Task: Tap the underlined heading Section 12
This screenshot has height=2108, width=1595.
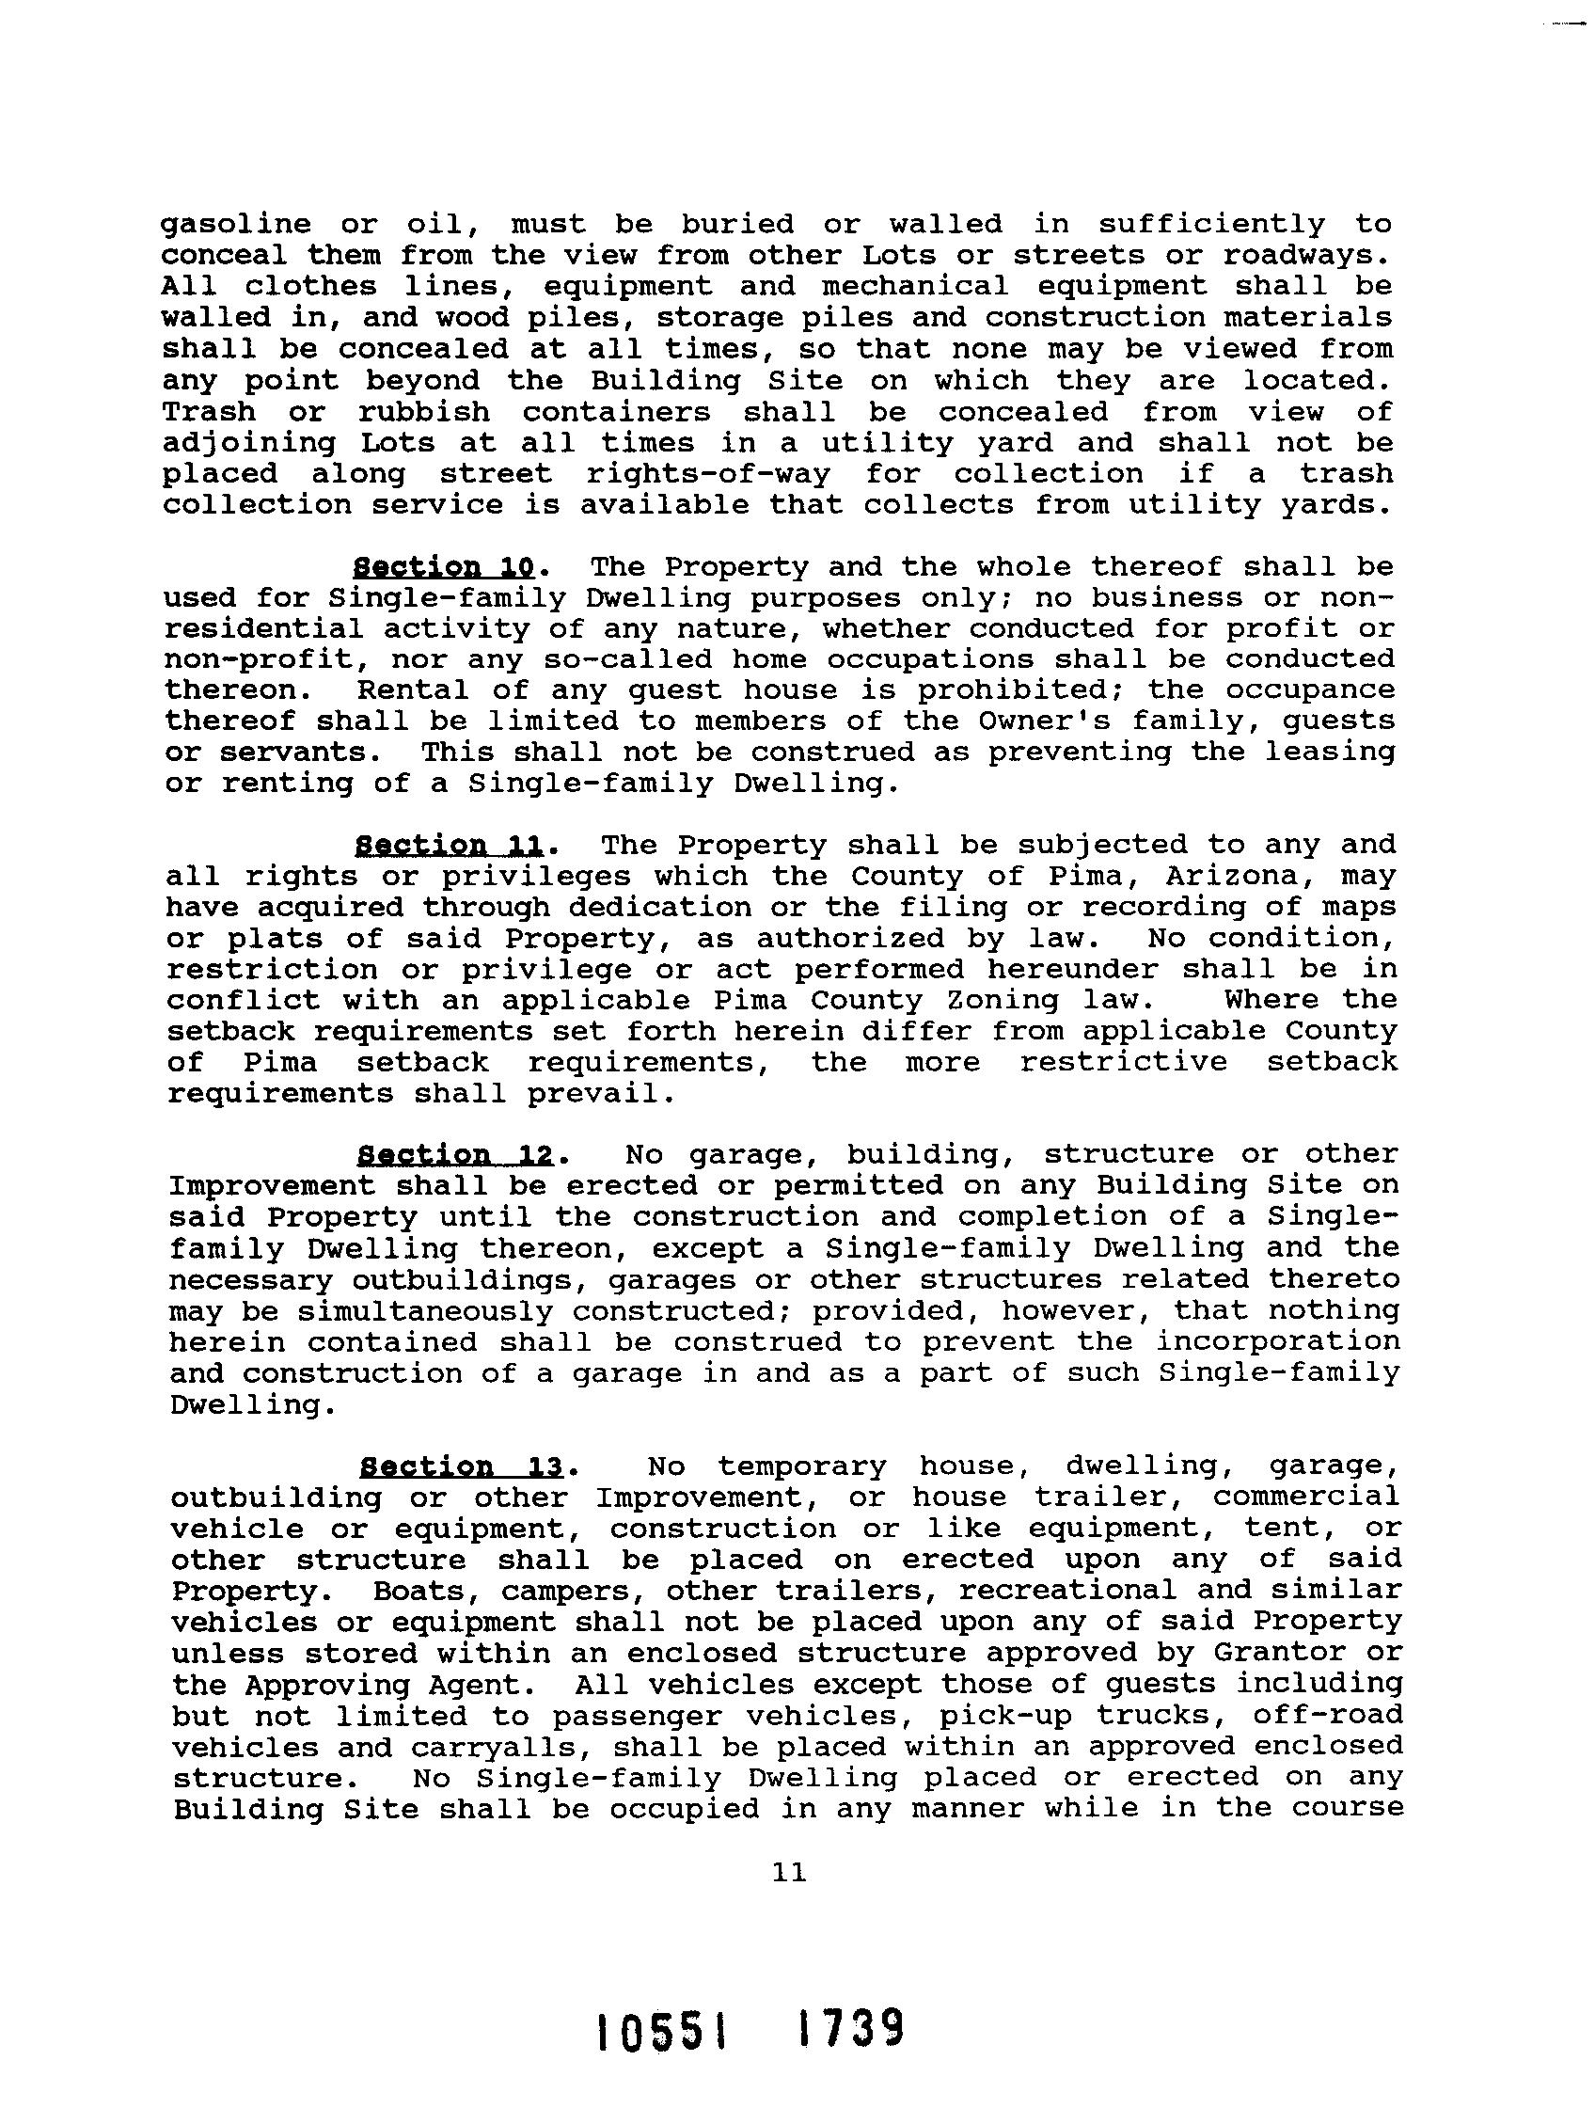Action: coord(456,1156)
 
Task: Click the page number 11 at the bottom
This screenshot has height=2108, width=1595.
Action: coord(790,1873)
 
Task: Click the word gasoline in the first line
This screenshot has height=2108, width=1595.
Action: coord(236,225)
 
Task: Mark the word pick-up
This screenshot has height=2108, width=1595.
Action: coord(1006,1716)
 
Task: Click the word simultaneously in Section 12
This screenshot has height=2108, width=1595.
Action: coord(425,1311)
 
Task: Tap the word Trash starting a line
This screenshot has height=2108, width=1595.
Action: coord(210,413)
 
